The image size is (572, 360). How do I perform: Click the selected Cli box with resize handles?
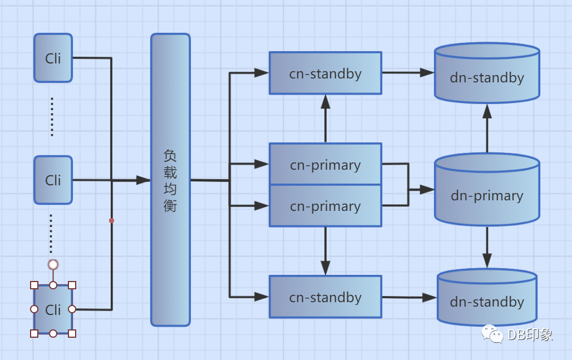pos(53,309)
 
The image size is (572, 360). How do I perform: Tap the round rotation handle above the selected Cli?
pos(53,264)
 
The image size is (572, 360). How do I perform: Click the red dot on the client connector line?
pos(111,221)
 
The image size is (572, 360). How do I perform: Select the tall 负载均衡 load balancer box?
pos(170,180)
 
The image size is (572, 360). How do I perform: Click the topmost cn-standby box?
pos(326,73)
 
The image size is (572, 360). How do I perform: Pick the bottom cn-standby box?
pos(326,297)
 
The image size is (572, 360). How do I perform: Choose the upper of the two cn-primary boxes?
pos(326,164)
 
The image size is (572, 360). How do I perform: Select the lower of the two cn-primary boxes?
pos(326,206)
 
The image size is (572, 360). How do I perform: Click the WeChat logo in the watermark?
pos(492,334)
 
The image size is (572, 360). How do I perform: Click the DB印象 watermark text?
pos(530,334)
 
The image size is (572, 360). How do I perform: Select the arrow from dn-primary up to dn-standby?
pos(487,128)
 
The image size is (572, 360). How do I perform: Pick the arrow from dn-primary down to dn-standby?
pos(487,248)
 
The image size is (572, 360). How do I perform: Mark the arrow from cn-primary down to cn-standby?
pos(326,251)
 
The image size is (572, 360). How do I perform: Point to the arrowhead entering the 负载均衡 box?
pos(144,180)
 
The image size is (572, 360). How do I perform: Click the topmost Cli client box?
pos(53,58)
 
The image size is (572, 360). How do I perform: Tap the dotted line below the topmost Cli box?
pos(52,117)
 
